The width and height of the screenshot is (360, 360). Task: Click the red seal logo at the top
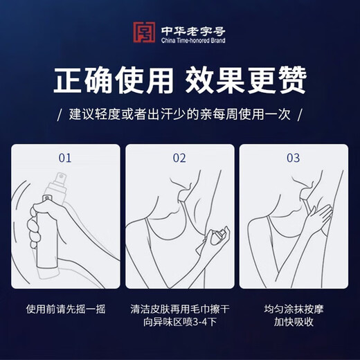pyautogui.click(x=143, y=33)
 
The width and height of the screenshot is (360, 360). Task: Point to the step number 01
pyautogui.click(x=65, y=158)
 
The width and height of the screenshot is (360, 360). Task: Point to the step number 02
pyautogui.click(x=179, y=158)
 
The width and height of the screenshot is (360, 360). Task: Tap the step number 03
pyautogui.click(x=294, y=158)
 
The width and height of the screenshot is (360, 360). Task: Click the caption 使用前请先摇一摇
pyautogui.click(x=66, y=309)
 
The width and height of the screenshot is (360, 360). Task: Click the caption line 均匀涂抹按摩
pyautogui.click(x=294, y=309)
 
